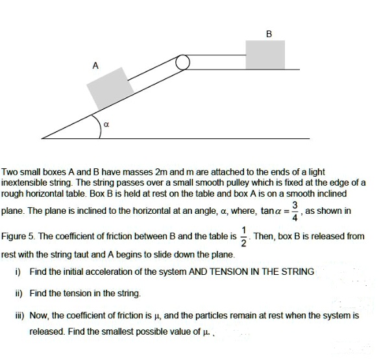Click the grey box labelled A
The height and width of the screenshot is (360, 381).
click(x=110, y=88)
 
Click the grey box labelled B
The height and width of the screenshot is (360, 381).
click(x=265, y=53)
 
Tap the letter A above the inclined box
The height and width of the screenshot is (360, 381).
click(x=95, y=65)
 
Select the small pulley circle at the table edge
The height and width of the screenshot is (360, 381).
click(x=182, y=62)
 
